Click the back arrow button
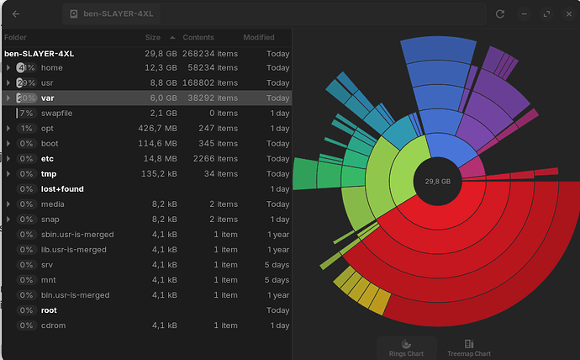click(17, 14)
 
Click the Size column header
click(152, 38)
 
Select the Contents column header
click(198, 38)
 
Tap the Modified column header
click(259, 38)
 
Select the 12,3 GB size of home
click(160, 68)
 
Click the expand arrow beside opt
click(8, 129)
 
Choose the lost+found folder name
click(62, 189)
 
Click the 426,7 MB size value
click(158, 129)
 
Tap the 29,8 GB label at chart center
click(437, 181)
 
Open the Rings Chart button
click(407, 347)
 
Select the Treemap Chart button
click(469, 347)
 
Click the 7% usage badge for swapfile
click(26, 114)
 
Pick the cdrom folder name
click(53, 326)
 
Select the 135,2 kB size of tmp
click(158, 174)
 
